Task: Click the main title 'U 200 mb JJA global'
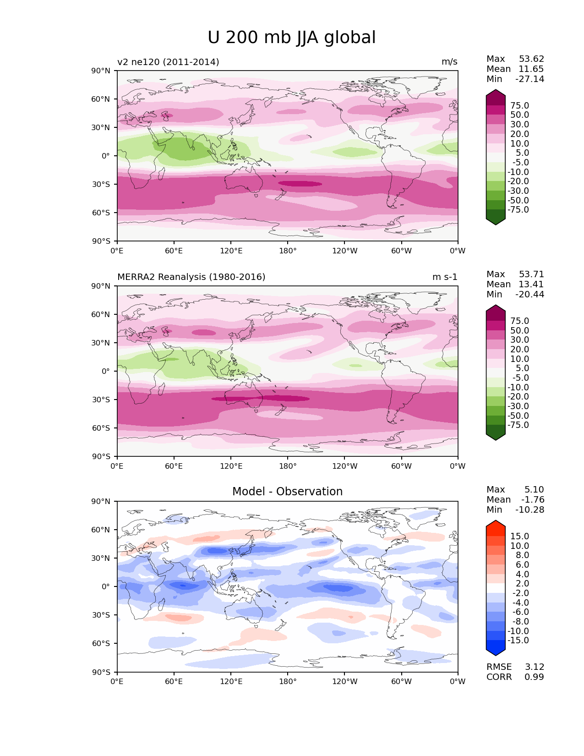pyautogui.click(x=291, y=38)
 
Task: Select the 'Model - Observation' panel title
pyautogui.click(x=287, y=492)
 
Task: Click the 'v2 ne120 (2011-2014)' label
pyautogui.click(x=168, y=62)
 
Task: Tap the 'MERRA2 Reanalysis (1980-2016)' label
pyautogui.click(x=191, y=277)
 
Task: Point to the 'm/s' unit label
pyautogui.click(x=449, y=62)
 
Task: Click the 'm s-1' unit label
pyautogui.click(x=445, y=277)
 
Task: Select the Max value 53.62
pyautogui.click(x=531, y=59)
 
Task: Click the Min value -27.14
pyautogui.click(x=529, y=79)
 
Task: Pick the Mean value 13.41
pyautogui.click(x=531, y=285)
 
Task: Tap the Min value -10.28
pyautogui.click(x=529, y=510)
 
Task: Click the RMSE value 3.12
pyautogui.click(x=534, y=667)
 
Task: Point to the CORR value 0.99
pyautogui.click(x=534, y=677)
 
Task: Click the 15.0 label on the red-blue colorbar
pyautogui.click(x=519, y=537)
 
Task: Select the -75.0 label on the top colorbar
pyautogui.click(x=518, y=210)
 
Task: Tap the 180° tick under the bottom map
pyautogui.click(x=288, y=682)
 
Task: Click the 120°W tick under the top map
pyautogui.click(x=344, y=251)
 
